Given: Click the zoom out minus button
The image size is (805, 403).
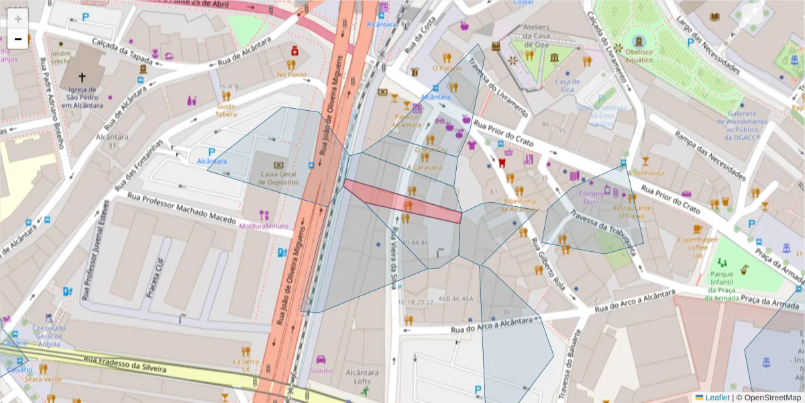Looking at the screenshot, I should click(18, 40).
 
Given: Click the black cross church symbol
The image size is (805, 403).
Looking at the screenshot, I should click(83, 78).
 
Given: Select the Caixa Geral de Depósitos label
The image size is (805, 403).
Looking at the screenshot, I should click(278, 177).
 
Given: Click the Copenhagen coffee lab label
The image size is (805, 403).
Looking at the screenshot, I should click(697, 247).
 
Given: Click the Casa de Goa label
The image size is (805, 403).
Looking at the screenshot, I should click(567, 85).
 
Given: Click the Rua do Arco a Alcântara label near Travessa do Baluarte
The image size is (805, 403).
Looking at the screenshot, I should click(633, 302).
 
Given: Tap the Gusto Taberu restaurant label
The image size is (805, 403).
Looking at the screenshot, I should click(225, 110).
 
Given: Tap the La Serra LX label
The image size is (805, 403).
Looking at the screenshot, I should click(245, 365).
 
